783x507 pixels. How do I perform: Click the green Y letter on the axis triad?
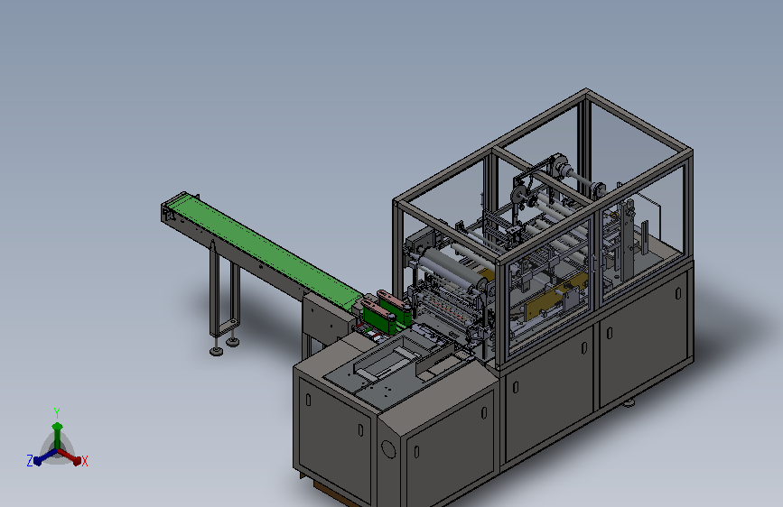(x=57, y=413)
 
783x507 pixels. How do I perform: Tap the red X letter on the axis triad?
(x=84, y=462)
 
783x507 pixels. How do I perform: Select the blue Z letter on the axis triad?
(x=30, y=461)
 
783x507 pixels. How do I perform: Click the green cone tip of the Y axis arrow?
(x=58, y=426)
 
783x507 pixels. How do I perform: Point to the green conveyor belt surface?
(x=265, y=248)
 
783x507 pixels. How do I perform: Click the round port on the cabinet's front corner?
(x=388, y=448)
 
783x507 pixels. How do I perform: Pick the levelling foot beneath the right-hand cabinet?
(x=628, y=402)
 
